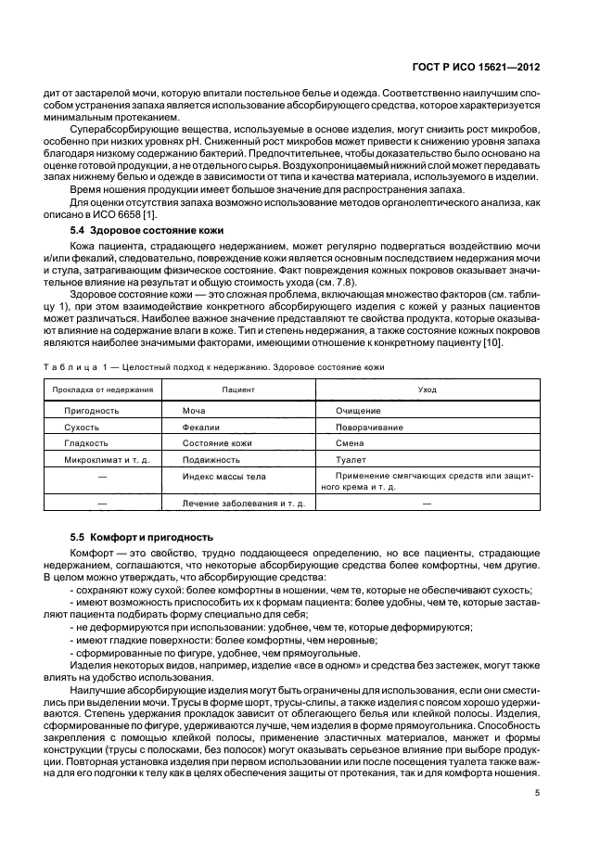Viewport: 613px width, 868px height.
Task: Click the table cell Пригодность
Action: pyautogui.click(x=91, y=410)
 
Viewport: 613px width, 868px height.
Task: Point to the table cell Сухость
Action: pyautogui.click(x=82, y=427)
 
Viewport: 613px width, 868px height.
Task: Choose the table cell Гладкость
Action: pyautogui.click(x=86, y=443)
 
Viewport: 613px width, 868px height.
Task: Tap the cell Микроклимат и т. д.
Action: pyautogui.click(x=107, y=460)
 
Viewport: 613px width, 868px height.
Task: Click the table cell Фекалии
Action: pyautogui.click(x=201, y=427)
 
